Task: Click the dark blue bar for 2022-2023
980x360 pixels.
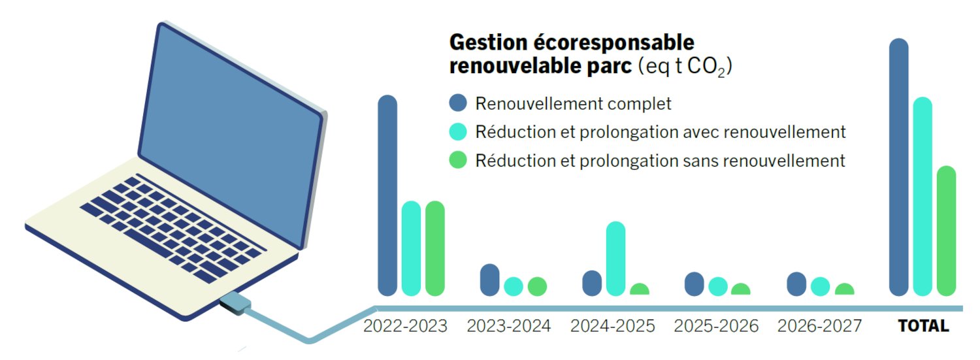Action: (x=387, y=195)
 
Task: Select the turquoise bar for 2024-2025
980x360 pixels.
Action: (x=615, y=259)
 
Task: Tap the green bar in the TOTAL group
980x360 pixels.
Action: (x=946, y=231)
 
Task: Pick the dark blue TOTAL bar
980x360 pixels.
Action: (x=898, y=167)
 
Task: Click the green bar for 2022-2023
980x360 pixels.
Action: (x=435, y=248)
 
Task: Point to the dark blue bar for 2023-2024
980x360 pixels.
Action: (x=489, y=280)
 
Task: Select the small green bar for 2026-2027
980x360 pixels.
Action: (x=844, y=289)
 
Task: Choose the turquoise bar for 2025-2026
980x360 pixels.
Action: (x=718, y=287)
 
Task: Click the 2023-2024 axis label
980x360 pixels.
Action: (x=509, y=326)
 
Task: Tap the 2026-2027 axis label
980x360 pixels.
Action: (x=819, y=326)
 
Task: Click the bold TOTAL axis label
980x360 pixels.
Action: (x=924, y=326)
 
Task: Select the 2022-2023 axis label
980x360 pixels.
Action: (x=405, y=326)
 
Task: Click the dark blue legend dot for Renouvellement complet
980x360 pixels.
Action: (x=458, y=103)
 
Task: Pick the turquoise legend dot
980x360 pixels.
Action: (x=458, y=132)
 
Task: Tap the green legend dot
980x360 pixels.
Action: (x=458, y=160)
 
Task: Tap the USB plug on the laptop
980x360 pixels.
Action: (x=235, y=303)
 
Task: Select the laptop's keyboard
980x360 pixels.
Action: (x=173, y=227)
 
